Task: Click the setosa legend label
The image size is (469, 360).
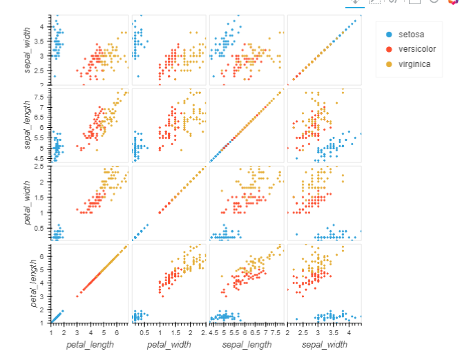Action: [411, 34]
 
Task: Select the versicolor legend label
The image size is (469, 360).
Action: [417, 48]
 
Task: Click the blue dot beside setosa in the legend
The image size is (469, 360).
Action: [389, 35]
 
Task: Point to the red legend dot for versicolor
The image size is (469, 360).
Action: [389, 49]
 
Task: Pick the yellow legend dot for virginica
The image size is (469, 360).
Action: [389, 64]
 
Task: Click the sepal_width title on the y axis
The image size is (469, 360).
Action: [28, 50]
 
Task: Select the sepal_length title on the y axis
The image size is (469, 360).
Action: [28, 125]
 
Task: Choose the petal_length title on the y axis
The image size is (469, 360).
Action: [28, 283]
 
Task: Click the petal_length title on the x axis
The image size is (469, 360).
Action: [90, 344]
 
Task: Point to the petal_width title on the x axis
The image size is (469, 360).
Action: [168, 344]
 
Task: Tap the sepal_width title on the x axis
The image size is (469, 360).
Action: [324, 344]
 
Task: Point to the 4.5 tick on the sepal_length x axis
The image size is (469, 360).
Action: [213, 332]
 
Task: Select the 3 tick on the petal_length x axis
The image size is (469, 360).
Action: [77, 332]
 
